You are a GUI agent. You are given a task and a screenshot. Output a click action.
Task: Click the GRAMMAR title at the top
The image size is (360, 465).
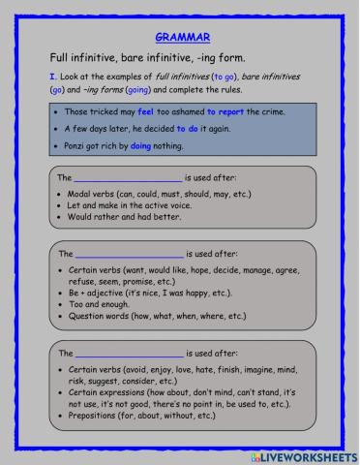(x=179, y=37)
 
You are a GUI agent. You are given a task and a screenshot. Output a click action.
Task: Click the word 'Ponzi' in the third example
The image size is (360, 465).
(x=75, y=146)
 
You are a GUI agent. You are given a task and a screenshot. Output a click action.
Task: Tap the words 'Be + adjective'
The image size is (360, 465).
(x=96, y=293)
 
